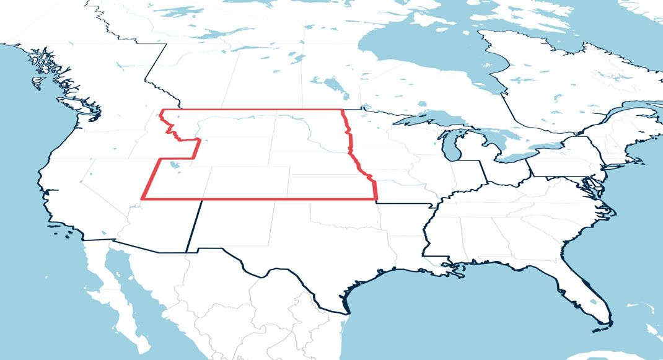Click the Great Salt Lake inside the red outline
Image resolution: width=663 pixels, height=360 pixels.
[x=175, y=165]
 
